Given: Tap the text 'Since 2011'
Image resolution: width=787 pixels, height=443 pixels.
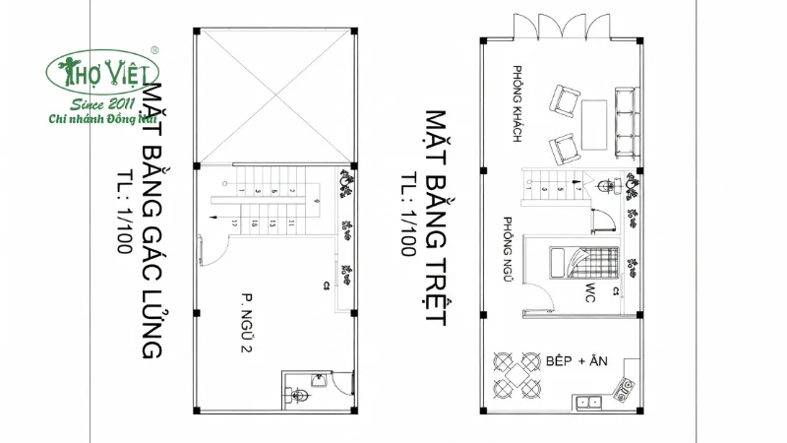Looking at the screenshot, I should coord(105,104).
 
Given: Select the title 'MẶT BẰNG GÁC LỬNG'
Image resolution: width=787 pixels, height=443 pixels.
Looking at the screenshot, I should coord(152,221).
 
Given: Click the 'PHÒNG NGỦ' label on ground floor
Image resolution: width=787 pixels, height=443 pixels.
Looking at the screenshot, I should coord(509,250).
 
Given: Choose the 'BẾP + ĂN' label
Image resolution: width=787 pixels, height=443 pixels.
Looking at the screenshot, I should coord(576,362).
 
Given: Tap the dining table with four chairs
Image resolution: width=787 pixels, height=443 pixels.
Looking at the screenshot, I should coord(515,374).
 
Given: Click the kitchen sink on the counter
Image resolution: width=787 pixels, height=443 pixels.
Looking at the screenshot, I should coord(589,401).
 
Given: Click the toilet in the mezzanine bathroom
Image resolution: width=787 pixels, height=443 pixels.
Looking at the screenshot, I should coord(301,396).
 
